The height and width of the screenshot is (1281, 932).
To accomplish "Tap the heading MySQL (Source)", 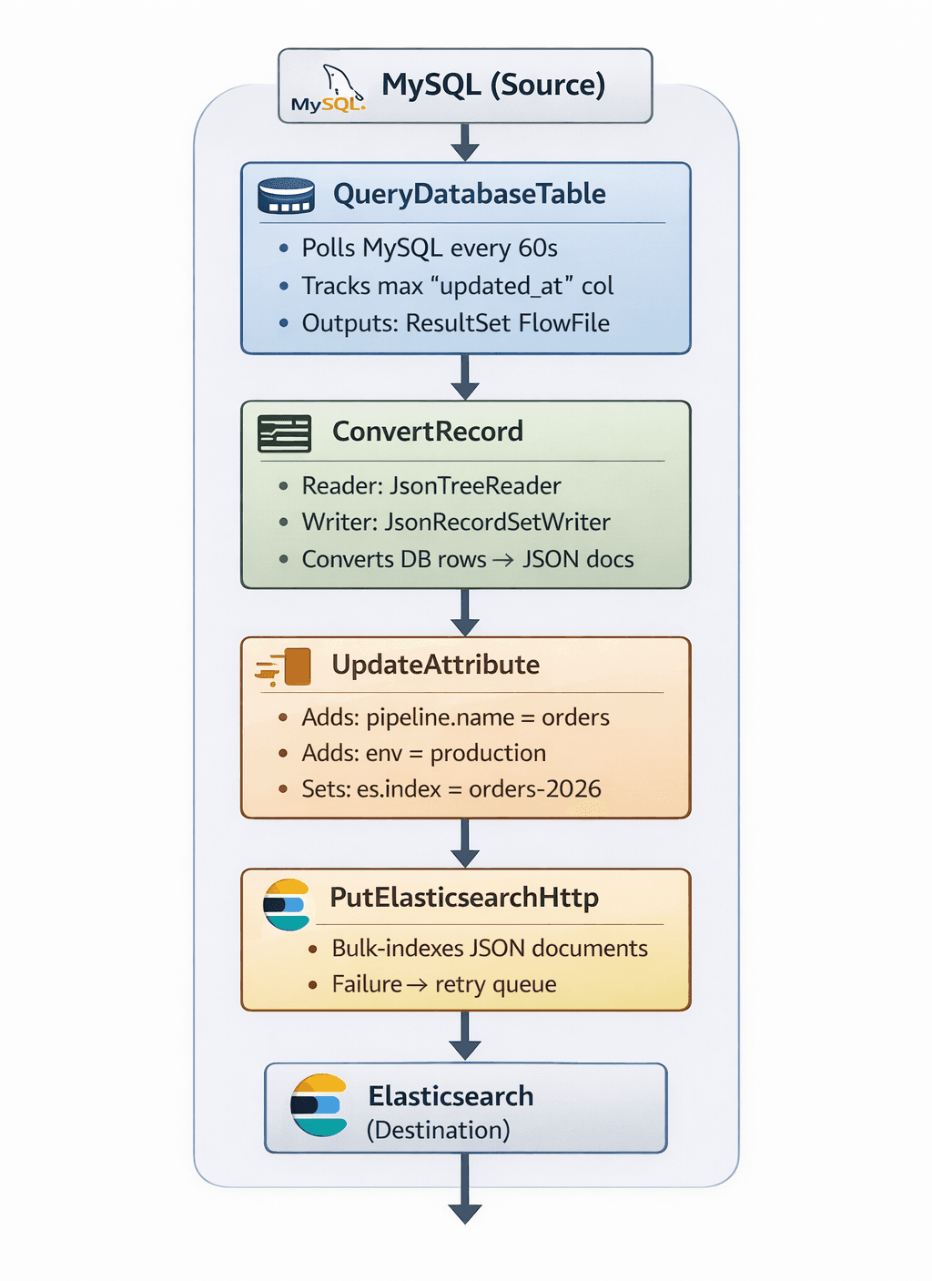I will coord(493,85).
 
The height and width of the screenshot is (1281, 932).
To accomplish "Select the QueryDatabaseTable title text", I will coord(469,194).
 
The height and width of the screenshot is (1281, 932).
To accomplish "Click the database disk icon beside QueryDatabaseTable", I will coord(286,195).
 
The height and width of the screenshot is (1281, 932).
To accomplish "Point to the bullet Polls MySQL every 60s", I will coord(429,249).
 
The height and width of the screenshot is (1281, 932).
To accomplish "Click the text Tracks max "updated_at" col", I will coord(457,286).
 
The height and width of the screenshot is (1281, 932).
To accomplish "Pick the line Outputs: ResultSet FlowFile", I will coord(455,323).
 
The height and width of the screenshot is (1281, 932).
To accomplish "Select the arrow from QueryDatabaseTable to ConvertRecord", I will coord(465,376).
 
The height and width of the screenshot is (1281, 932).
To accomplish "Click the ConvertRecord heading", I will coord(427,432).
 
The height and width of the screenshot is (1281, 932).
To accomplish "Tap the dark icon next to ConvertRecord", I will coord(284,433).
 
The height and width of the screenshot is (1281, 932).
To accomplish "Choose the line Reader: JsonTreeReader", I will coord(431,486).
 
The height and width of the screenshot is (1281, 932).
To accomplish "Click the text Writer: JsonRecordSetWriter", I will coord(455,523).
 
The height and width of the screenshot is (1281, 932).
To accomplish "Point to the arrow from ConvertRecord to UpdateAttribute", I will coord(465,612).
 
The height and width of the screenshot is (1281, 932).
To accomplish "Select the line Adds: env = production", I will coord(423,754).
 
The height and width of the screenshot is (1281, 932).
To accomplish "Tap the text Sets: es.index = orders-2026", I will coord(451,789).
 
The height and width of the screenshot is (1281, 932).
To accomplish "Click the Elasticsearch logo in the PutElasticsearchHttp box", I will coord(287,905).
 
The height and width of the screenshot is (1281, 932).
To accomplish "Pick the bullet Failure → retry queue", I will coord(443,985).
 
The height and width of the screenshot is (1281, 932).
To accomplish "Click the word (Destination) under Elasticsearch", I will coord(438,1131).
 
